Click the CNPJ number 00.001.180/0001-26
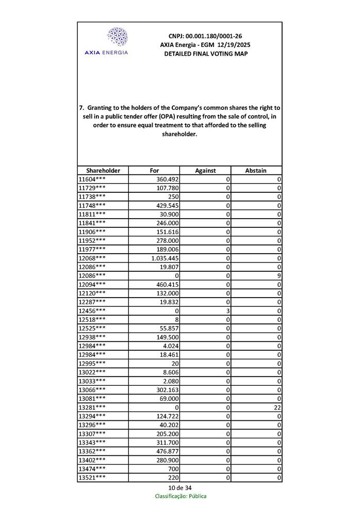pyautogui.click(x=205, y=36)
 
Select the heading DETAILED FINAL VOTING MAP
pyautogui.click(x=205, y=54)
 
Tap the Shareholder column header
pyautogui.click(x=103, y=171)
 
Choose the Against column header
pyautogui.click(x=205, y=171)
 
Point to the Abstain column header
pyautogui.click(x=256, y=171)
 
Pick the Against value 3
pyautogui.click(x=227, y=310)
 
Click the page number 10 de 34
pyautogui.click(x=179, y=488)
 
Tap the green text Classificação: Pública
pyautogui.click(x=181, y=496)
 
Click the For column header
pyautogui.click(x=154, y=171)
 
